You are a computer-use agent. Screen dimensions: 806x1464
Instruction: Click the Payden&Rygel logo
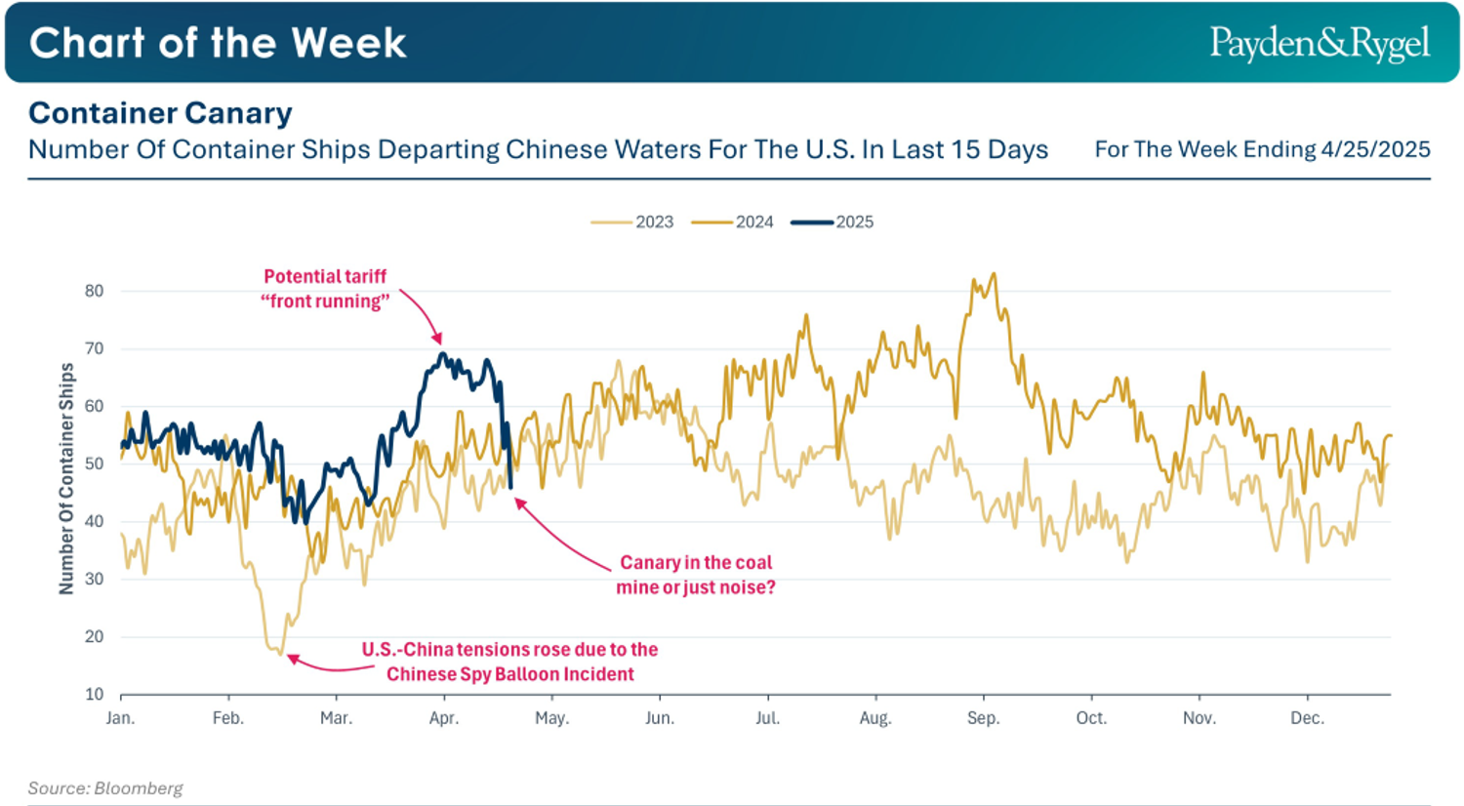(1320, 44)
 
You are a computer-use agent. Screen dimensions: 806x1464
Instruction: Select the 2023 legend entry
(633, 222)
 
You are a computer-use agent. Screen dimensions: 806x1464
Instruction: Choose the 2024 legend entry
(733, 222)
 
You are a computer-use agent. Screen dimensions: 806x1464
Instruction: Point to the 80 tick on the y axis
(94, 291)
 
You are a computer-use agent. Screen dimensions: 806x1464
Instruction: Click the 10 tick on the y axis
(94, 695)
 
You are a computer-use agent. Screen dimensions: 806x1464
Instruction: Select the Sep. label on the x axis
(983, 719)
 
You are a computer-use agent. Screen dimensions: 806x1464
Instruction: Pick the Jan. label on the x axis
(120, 719)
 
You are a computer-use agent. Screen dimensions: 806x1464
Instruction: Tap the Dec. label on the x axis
(1307, 719)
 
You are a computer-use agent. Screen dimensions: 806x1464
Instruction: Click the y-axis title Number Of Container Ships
(66, 478)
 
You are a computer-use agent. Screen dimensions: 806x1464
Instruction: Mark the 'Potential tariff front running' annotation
(325, 289)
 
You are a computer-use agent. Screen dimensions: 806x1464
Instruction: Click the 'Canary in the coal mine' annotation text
(695, 575)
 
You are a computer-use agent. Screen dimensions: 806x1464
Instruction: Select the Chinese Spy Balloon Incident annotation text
(509, 662)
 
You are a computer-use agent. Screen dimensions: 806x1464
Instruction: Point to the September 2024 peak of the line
(994, 274)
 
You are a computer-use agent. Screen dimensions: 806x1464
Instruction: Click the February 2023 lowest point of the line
(280, 653)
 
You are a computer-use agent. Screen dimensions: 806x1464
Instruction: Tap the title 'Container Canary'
(160, 113)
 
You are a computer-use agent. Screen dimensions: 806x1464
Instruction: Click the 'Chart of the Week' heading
(218, 43)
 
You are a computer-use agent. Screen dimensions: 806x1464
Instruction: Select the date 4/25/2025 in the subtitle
(1375, 149)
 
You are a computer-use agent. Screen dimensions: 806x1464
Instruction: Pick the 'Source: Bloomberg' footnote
(105, 788)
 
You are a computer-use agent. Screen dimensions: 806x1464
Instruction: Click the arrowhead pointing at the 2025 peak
(438, 340)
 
